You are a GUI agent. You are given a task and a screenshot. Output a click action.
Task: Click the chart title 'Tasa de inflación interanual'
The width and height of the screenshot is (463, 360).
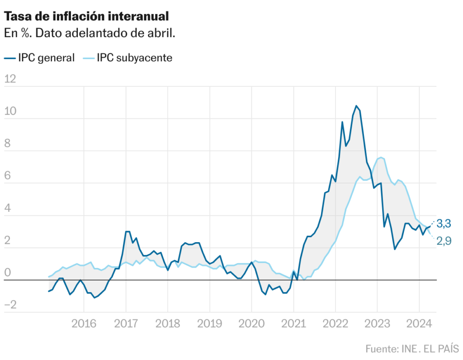86,17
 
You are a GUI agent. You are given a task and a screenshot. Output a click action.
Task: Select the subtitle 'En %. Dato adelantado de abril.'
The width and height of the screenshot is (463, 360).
89,33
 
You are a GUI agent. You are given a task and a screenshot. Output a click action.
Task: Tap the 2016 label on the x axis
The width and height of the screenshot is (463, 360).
84,323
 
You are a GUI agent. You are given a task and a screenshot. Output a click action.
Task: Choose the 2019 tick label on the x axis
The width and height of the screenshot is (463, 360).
209,323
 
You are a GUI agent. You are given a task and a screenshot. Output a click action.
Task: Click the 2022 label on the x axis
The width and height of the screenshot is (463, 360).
335,323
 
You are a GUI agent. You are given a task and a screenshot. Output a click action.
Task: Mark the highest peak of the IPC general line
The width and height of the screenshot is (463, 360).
356,106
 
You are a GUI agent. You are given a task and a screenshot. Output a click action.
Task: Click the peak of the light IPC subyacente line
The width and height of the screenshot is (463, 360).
381,157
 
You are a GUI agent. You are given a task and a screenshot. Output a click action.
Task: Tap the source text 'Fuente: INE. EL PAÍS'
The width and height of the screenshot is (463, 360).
411,349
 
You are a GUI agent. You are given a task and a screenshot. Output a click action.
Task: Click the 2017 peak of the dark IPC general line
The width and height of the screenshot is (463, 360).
128,231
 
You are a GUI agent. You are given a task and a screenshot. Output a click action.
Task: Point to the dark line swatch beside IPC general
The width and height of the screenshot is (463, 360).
9,58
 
